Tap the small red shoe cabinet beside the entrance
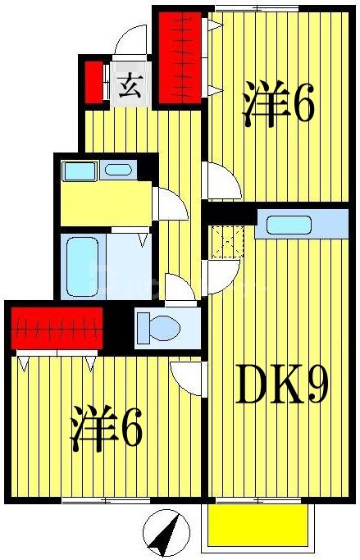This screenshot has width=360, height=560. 93,80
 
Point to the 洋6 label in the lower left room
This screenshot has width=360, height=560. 107,430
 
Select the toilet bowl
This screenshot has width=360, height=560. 159,327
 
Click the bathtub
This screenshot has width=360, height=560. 82,267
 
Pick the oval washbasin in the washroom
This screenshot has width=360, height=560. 118,171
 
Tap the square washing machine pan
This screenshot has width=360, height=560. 80,171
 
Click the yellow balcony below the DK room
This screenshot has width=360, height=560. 259,524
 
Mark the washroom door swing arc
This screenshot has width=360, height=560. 171,202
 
